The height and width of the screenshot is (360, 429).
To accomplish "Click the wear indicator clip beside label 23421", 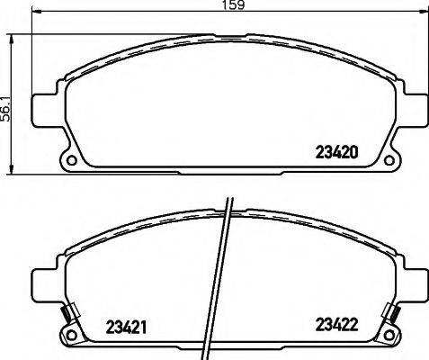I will tap(65, 315).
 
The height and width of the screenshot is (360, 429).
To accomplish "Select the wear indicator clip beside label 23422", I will tap(393, 315).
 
